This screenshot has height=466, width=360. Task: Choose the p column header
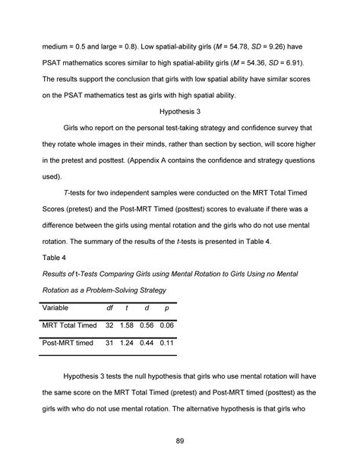pyautogui.click(x=167, y=308)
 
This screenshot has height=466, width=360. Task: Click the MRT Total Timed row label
pyautogui.click(x=70, y=325)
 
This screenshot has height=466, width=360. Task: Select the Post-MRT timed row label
pyautogui.click(x=68, y=343)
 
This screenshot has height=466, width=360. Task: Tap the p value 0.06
pyautogui.click(x=169, y=325)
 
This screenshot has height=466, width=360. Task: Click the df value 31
pyautogui.click(x=109, y=343)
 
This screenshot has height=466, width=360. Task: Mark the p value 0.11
pyautogui.click(x=169, y=343)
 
